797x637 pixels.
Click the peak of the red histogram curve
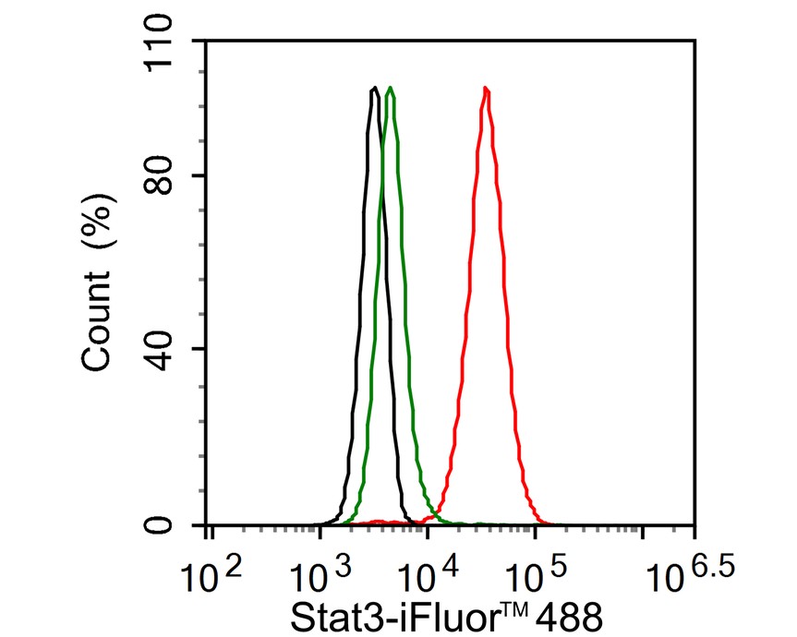click(486, 90)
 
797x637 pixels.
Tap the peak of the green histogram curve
click(392, 89)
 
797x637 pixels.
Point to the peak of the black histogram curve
click(374, 89)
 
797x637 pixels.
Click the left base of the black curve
click(323, 523)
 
